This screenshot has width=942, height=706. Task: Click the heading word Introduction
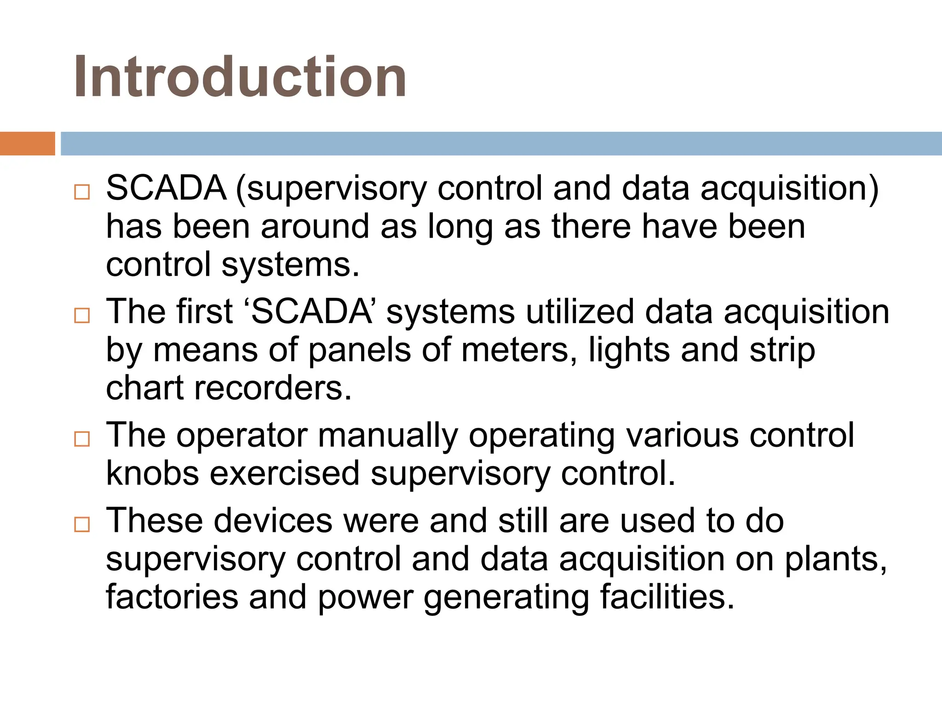(x=240, y=77)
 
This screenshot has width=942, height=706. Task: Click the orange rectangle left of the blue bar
(x=27, y=143)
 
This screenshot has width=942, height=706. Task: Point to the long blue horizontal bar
(x=501, y=143)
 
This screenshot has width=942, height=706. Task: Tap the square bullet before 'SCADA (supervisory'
(x=82, y=192)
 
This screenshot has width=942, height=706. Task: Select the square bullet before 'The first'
(x=82, y=315)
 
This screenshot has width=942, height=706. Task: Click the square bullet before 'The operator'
(x=82, y=439)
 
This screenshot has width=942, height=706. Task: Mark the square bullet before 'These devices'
(x=82, y=524)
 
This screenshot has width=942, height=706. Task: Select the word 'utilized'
(x=580, y=312)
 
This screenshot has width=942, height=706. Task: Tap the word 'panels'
(x=359, y=350)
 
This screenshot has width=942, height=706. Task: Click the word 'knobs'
(x=153, y=473)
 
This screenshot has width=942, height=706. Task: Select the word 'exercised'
(x=285, y=473)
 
